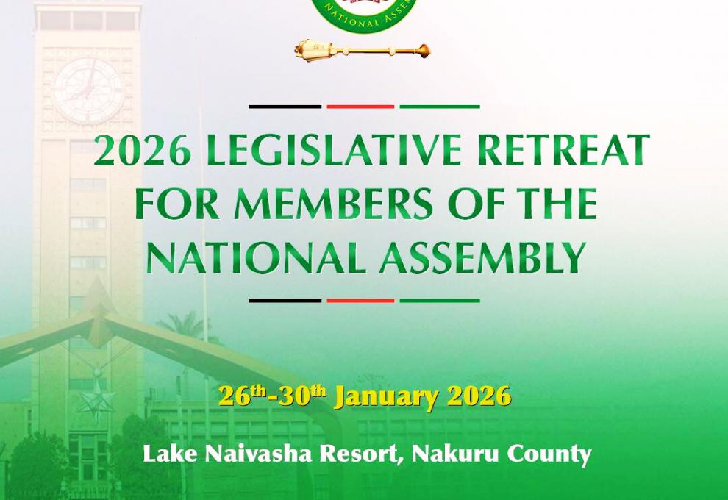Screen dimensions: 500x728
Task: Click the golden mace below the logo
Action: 362,51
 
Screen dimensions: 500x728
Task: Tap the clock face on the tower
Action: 88,89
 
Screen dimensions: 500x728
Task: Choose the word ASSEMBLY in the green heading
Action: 482,257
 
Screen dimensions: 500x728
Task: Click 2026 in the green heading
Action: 143,151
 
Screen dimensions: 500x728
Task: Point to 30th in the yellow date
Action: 301,396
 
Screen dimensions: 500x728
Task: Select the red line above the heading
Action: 360,107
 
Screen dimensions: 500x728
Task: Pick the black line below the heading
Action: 285,301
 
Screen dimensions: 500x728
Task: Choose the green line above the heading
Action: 440,107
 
